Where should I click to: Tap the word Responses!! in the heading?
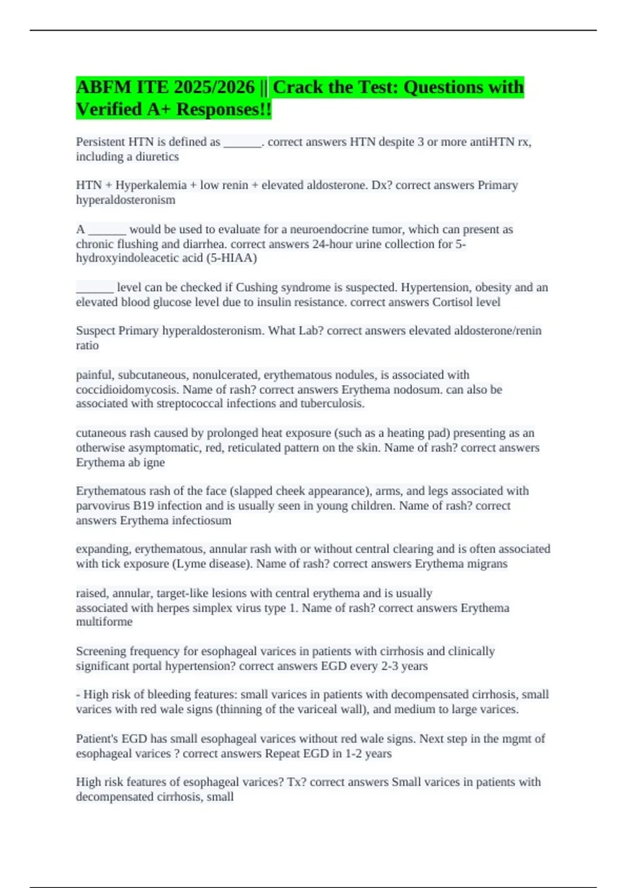tap(224, 109)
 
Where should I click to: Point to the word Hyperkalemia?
tap(151, 185)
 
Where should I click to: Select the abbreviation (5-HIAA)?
tap(233, 258)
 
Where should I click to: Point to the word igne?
tap(154, 462)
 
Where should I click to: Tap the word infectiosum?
tap(202, 520)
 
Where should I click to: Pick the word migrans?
tap(487, 564)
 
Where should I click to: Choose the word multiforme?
tap(104, 622)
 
